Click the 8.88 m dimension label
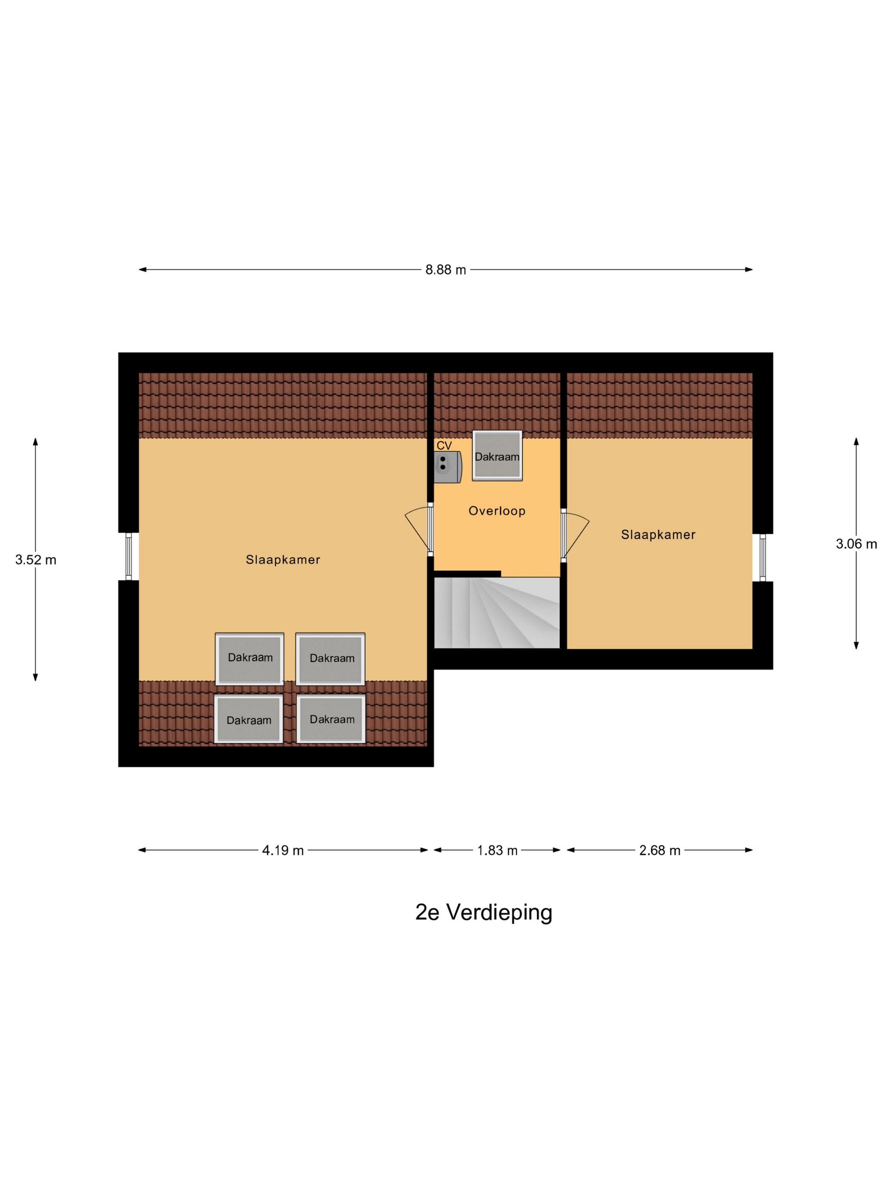pyautogui.click(x=445, y=270)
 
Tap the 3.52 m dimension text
pyautogui.click(x=36, y=560)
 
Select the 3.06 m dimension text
pyautogui.click(x=856, y=544)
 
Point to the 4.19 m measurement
pyautogui.click(x=283, y=851)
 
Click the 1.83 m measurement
pyautogui.click(x=497, y=851)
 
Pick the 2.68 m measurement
pyautogui.click(x=660, y=851)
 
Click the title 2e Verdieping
pyautogui.click(x=483, y=913)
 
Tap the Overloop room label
pyautogui.click(x=497, y=511)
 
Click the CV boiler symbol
pyautogui.click(x=448, y=467)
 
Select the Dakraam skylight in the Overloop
pyautogui.click(x=497, y=456)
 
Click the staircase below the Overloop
pyautogui.click(x=497, y=613)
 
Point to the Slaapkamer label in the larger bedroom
pyautogui.click(x=283, y=560)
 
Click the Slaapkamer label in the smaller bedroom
pyautogui.click(x=658, y=535)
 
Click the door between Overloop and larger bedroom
pyautogui.click(x=418, y=530)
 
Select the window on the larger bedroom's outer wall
pyautogui.click(x=129, y=556)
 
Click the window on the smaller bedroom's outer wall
pyautogui.click(x=762, y=558)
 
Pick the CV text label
pyautogui.click(x=444, y=445)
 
